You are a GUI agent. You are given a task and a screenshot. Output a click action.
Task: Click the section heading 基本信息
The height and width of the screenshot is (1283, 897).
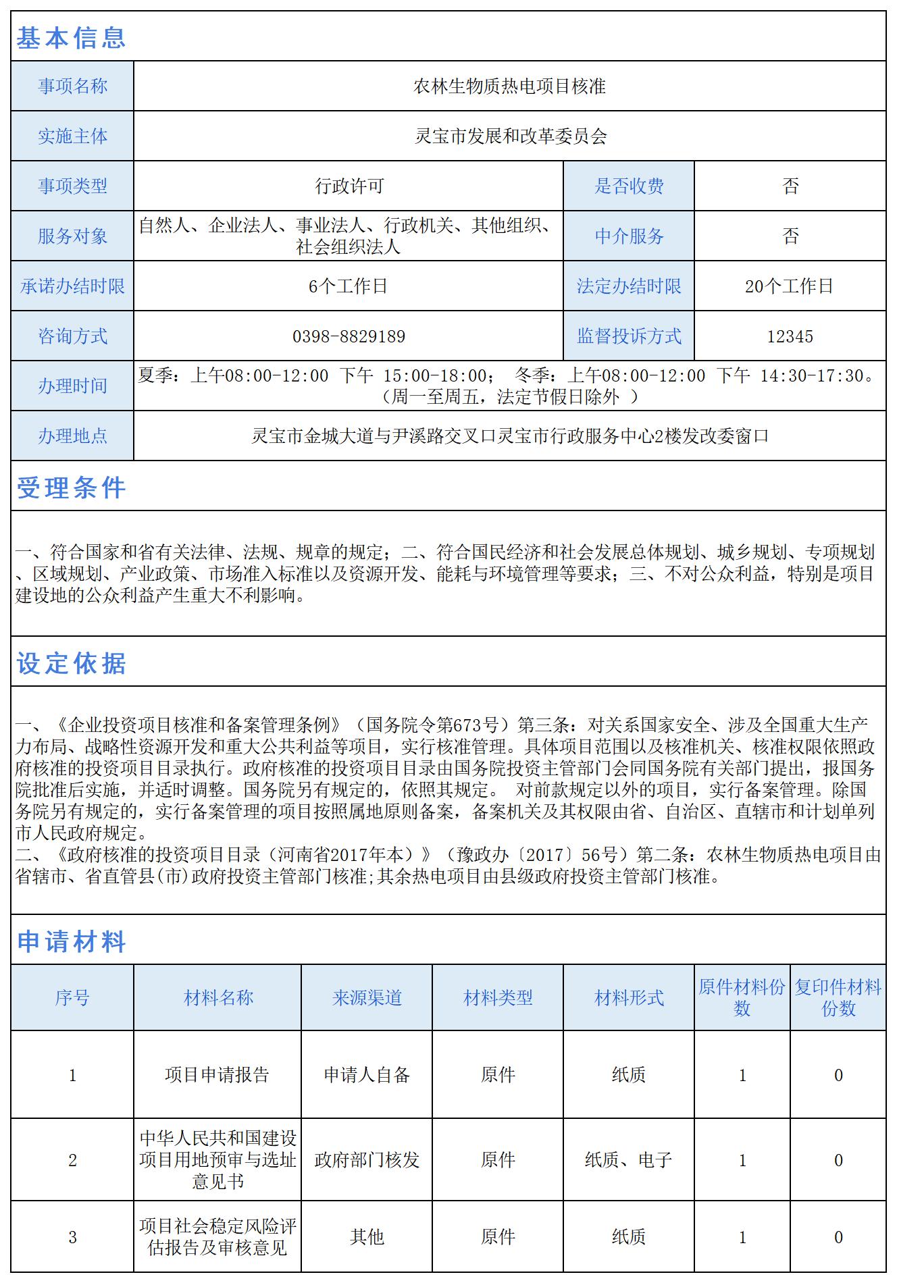pos(71,37)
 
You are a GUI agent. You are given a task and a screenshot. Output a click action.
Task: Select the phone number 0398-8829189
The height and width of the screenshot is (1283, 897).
pos(349,336)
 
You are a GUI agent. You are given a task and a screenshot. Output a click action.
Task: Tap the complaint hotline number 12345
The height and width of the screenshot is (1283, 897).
pos(790,336)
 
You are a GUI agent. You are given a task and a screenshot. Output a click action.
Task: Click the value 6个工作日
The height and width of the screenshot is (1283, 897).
pos(348,286)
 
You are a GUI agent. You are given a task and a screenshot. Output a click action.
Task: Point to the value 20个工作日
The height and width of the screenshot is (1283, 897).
pos(789,286)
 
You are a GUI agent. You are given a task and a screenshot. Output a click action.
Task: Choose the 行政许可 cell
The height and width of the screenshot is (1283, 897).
pos(349,186)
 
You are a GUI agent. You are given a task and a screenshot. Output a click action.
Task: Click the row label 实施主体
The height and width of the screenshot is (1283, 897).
pos(72,136)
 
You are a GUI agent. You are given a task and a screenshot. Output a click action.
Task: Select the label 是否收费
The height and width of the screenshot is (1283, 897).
pos(629,186)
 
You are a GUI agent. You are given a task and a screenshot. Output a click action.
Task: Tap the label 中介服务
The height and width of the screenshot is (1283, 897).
pos(629,236)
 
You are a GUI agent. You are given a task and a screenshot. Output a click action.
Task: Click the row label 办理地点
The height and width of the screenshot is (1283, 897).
pos(72,436)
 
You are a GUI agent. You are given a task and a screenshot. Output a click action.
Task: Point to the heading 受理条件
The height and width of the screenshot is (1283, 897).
pos(71,488)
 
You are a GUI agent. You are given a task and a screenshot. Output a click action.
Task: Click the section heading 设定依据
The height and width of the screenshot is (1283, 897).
pos(71,663)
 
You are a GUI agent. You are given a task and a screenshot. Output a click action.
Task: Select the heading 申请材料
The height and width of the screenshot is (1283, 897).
pos(71,941)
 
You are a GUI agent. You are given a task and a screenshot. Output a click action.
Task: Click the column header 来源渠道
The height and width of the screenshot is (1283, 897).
pos(367,998)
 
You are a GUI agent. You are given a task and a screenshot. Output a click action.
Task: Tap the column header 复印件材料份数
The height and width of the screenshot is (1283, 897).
pos(838,998)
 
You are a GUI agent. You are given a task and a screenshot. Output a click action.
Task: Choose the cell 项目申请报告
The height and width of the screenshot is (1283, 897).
pos(217,1075)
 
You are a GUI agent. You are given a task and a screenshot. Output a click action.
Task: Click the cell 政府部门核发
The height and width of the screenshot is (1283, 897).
pos(367,1160)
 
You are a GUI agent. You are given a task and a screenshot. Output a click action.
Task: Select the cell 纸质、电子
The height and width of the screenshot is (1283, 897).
pos(628,1160)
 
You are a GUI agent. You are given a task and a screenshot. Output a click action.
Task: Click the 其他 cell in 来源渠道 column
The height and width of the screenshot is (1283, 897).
pos(367,1237)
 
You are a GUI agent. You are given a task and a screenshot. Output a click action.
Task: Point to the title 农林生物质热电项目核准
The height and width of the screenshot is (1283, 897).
pos(509,86)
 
